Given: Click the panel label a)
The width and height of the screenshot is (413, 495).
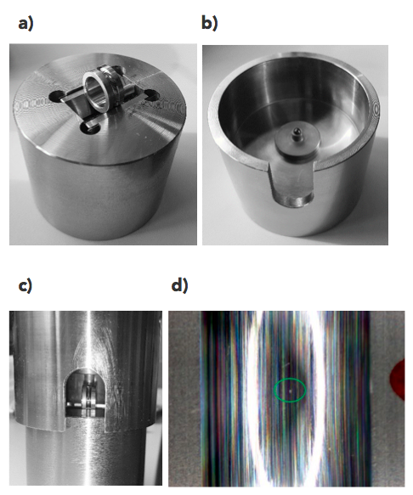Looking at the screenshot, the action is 25,24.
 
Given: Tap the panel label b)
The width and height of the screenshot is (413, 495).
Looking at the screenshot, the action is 210,24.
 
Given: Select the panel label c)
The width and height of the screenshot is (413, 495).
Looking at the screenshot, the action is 25,285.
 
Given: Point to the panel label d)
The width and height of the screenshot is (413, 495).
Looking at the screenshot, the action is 179,285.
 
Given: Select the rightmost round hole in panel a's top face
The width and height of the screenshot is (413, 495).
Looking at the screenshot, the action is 152,94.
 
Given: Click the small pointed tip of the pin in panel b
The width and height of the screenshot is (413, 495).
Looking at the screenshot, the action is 297,131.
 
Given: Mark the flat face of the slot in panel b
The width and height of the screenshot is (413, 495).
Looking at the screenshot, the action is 291,176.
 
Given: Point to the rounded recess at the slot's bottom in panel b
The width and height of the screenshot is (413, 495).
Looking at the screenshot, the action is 292,200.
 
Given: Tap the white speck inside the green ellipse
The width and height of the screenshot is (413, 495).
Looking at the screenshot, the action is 291,391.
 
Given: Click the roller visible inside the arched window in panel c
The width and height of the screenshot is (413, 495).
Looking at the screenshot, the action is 89,397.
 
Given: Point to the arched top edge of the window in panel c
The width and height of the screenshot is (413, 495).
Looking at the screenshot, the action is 85,369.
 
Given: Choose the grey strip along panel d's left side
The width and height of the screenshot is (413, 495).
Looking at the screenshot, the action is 184,398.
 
